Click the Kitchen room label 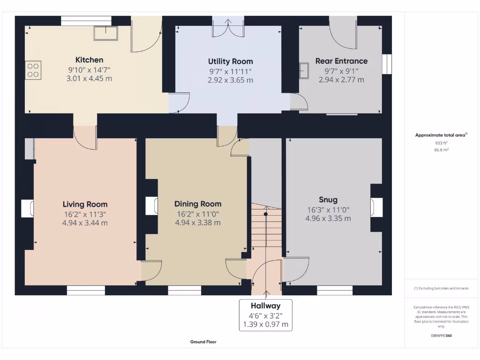pyautogui.click(x=89, y=60)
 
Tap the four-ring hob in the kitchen pyautogui.click(x=33, y=70)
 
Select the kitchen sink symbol pyautogui.click(x=105, y=33)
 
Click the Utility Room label pyautogui.click(x=230, y=61)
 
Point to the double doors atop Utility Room pyautogui.click(x=228, y=27)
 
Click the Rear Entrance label pyautogui.click(x=341, y=61)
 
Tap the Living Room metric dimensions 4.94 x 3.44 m pyautogui.click(x=85, y=223)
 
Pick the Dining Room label pyautogui.click(x=198, y=204)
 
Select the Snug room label pyautogui.click(x=328, y=200)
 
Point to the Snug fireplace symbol pyautogui.click(x=376, y=207)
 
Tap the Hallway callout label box pyautogui.click(x=265, y=315)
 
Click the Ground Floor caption pyautogui.click(x=203, y=342)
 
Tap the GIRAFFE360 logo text pyautogui.click(x=441, y=336)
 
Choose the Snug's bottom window pyautogui.click(x=334, y=291)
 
